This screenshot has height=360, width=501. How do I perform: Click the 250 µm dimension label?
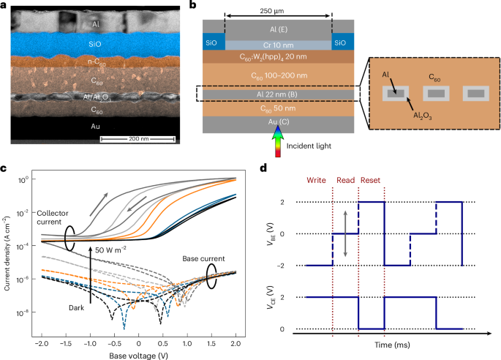[x=279, y=12]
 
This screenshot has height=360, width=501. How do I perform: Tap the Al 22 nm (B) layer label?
[x=279, y=94]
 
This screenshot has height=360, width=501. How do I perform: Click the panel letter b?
[x=192, y=7]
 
